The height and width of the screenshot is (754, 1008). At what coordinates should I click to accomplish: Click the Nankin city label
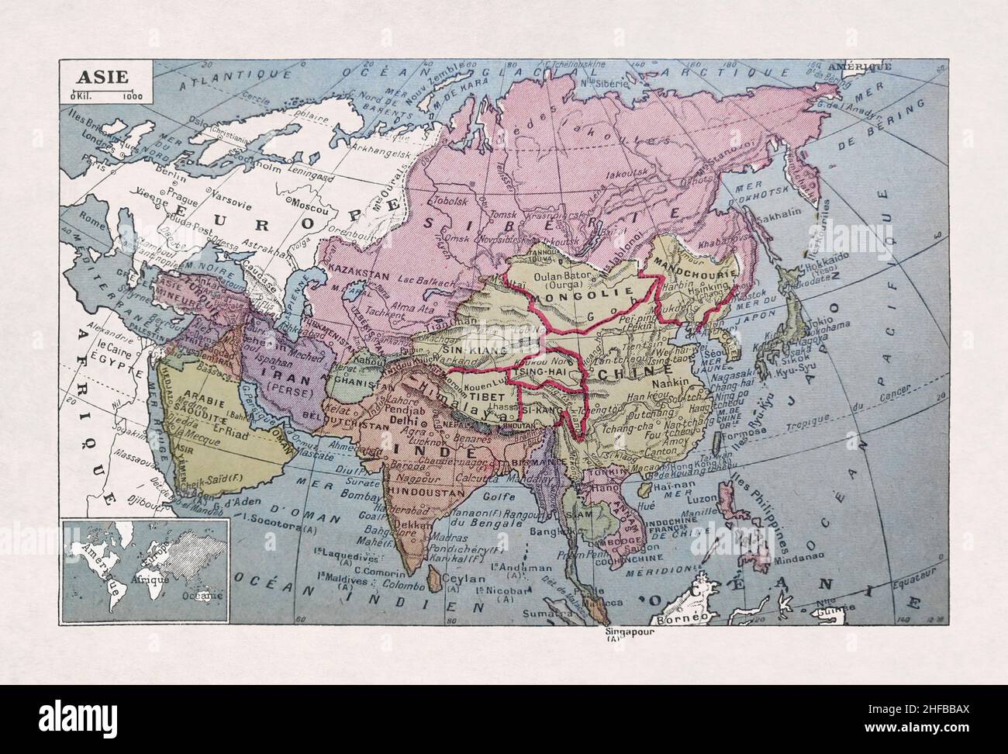pos(673,382)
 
